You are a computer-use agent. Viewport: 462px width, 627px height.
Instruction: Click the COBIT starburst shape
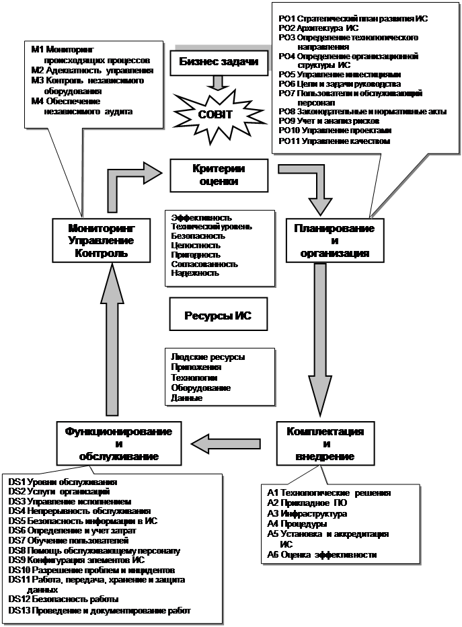coord(215,114)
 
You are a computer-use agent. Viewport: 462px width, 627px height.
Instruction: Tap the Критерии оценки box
coord(215,175)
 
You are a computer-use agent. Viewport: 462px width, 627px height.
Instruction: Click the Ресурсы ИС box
coord(218,316)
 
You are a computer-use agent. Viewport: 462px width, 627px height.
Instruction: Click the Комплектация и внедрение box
coord(325,444)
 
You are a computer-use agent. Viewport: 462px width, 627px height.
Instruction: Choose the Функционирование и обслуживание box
coord(118,443)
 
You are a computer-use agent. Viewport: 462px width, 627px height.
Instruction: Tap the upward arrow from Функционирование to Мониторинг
coord(116,336)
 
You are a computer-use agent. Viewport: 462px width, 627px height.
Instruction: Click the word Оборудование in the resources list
coord(201,388)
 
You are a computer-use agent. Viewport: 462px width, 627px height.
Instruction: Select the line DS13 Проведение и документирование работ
coord(100,611)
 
